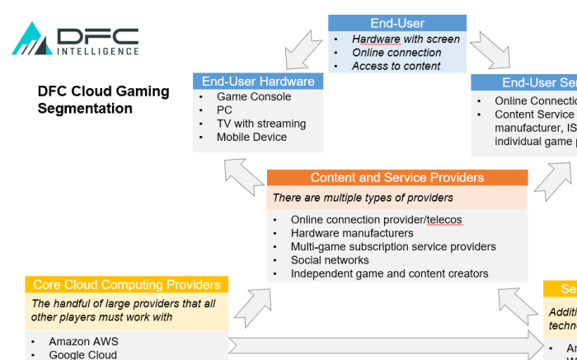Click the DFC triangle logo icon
[31, 40]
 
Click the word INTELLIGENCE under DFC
[97, 51]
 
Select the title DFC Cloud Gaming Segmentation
[103, 100]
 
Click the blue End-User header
[397, 23]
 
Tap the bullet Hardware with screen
[406, 39]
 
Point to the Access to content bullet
[396, 66]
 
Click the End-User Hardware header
[258, 82]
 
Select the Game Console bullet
[253, 96]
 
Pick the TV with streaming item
[260, 124]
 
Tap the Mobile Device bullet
[251, 137]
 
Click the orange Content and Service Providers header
[397, 177]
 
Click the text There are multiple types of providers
[363, 198]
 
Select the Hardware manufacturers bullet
[352, 233]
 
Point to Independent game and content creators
[389, 274]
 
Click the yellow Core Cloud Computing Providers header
[126, 285]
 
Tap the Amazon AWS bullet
[83, 341]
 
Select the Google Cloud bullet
[82, 354]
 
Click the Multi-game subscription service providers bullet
[393, 246]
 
